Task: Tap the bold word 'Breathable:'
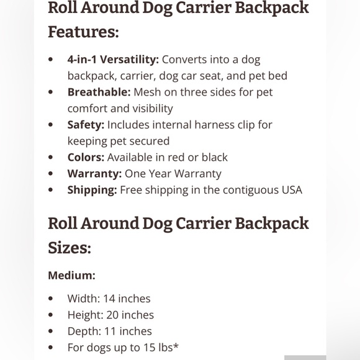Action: (99, 92)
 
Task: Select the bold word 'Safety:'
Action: (86, 125)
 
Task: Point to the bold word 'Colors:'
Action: (86, 157)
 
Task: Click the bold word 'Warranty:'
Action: (94, 174)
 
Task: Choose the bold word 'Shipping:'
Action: (92, 190)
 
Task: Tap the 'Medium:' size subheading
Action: (71, 275)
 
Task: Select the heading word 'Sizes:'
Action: (70, 248)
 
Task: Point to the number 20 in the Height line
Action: (113, 315)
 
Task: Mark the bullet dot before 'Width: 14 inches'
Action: (51, 299)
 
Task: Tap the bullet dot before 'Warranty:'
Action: (51, 174)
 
